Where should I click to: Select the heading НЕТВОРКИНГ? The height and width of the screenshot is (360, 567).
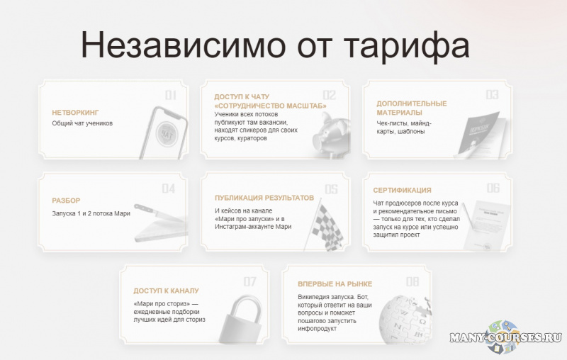click(x=75, y=113)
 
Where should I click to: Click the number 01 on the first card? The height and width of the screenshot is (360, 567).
click(x=171, y=96)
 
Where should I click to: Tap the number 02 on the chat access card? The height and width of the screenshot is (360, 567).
click(x=330, y=95)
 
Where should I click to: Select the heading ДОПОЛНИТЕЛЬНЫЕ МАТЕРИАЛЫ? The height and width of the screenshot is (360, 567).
click(x=412, y=108)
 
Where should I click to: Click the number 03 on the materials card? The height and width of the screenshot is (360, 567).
click(x=492, y=95)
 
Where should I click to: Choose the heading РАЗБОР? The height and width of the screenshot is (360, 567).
click(x=67, y=201)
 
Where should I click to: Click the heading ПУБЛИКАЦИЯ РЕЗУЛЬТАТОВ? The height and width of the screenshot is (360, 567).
click(x=264, y=198)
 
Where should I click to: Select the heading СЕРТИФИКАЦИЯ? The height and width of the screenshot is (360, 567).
click(x=402, y=190)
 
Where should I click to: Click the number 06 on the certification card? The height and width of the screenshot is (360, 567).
click(x=493, y=189)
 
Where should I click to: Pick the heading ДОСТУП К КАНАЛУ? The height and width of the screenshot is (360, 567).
click(x=166, y=291)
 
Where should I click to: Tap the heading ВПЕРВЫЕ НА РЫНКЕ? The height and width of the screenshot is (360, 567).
click(x=335, y=284)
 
